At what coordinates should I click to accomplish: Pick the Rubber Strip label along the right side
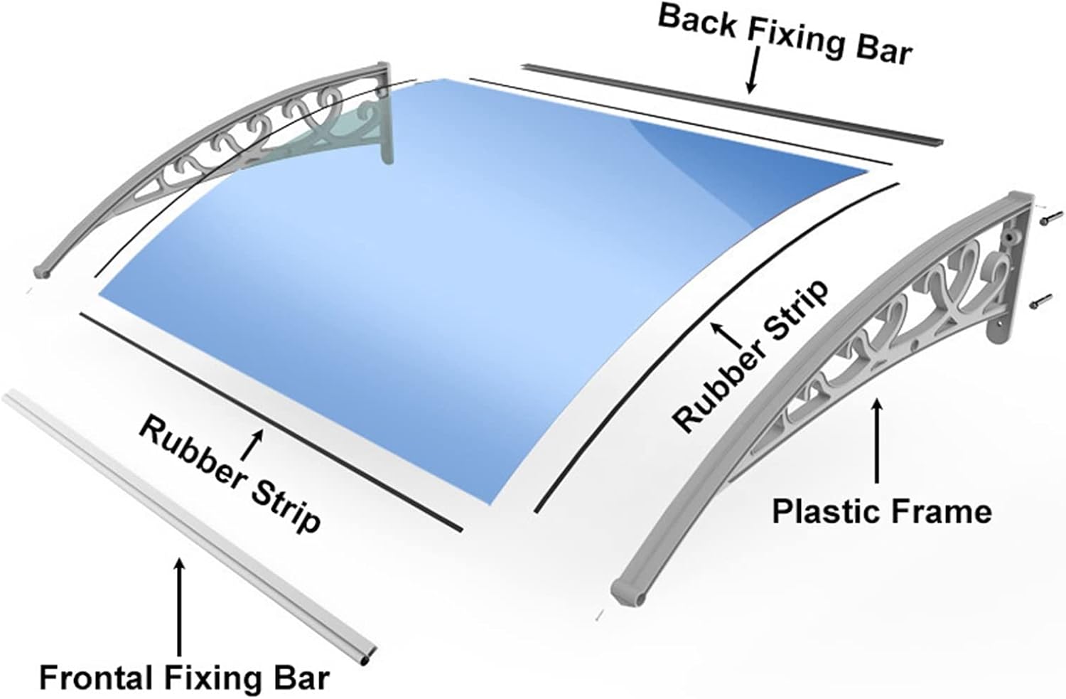point(750,356)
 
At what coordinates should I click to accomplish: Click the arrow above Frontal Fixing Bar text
point(179,607)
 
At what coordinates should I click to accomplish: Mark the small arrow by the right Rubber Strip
point(727,335)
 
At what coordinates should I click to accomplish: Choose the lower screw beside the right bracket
point(1041,301)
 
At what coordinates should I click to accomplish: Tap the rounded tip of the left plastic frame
point(43,272)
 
